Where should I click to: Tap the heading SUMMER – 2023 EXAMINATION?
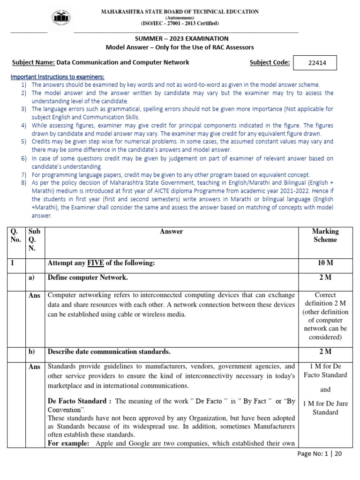point(180,38)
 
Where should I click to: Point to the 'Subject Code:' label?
point(270,62)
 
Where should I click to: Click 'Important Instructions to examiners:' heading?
point(57,76)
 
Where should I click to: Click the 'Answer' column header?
point(172,232)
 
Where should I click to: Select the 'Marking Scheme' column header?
point(325,235)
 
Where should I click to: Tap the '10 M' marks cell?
point(325,263)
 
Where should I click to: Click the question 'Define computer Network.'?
point(88,277)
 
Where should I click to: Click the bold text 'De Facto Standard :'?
point(80,401)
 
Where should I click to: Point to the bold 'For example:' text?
point(68,443)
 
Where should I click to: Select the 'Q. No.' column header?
point(16,235)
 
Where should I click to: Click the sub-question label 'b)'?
point(32,352)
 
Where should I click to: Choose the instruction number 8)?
point(24,182)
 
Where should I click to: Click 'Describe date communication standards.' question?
point(109,352)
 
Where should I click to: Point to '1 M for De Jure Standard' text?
point(325,408)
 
